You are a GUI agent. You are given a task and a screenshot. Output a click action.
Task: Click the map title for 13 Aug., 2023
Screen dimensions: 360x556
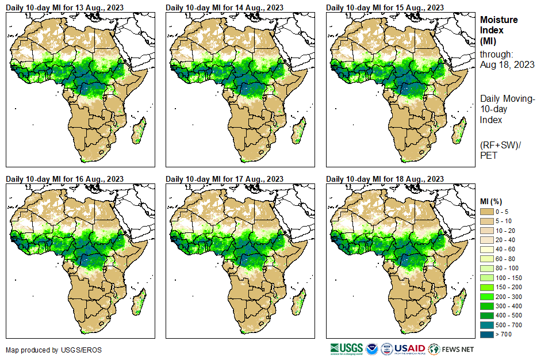[64, 7]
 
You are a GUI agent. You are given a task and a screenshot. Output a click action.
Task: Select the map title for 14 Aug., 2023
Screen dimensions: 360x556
[224, 7]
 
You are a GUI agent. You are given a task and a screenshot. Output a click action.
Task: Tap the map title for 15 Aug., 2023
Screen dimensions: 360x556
[385, 7]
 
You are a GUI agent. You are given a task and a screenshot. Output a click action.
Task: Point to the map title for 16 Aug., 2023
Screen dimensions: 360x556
[64, 179]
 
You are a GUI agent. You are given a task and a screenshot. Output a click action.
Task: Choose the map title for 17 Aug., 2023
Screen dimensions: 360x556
[224, 179]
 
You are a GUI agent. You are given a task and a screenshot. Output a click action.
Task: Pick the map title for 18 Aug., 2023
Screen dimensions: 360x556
[385, 179]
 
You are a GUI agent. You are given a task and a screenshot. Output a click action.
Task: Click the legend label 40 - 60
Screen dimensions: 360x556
[505, 250]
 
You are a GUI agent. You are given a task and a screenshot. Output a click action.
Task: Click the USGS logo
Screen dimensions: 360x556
[346, 348]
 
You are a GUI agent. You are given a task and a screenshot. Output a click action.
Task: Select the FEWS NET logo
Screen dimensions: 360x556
[451, 348]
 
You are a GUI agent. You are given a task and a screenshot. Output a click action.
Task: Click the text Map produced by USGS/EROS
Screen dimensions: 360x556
[46, 350]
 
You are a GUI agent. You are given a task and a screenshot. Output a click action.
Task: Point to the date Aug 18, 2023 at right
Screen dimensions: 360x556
[507, 65]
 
